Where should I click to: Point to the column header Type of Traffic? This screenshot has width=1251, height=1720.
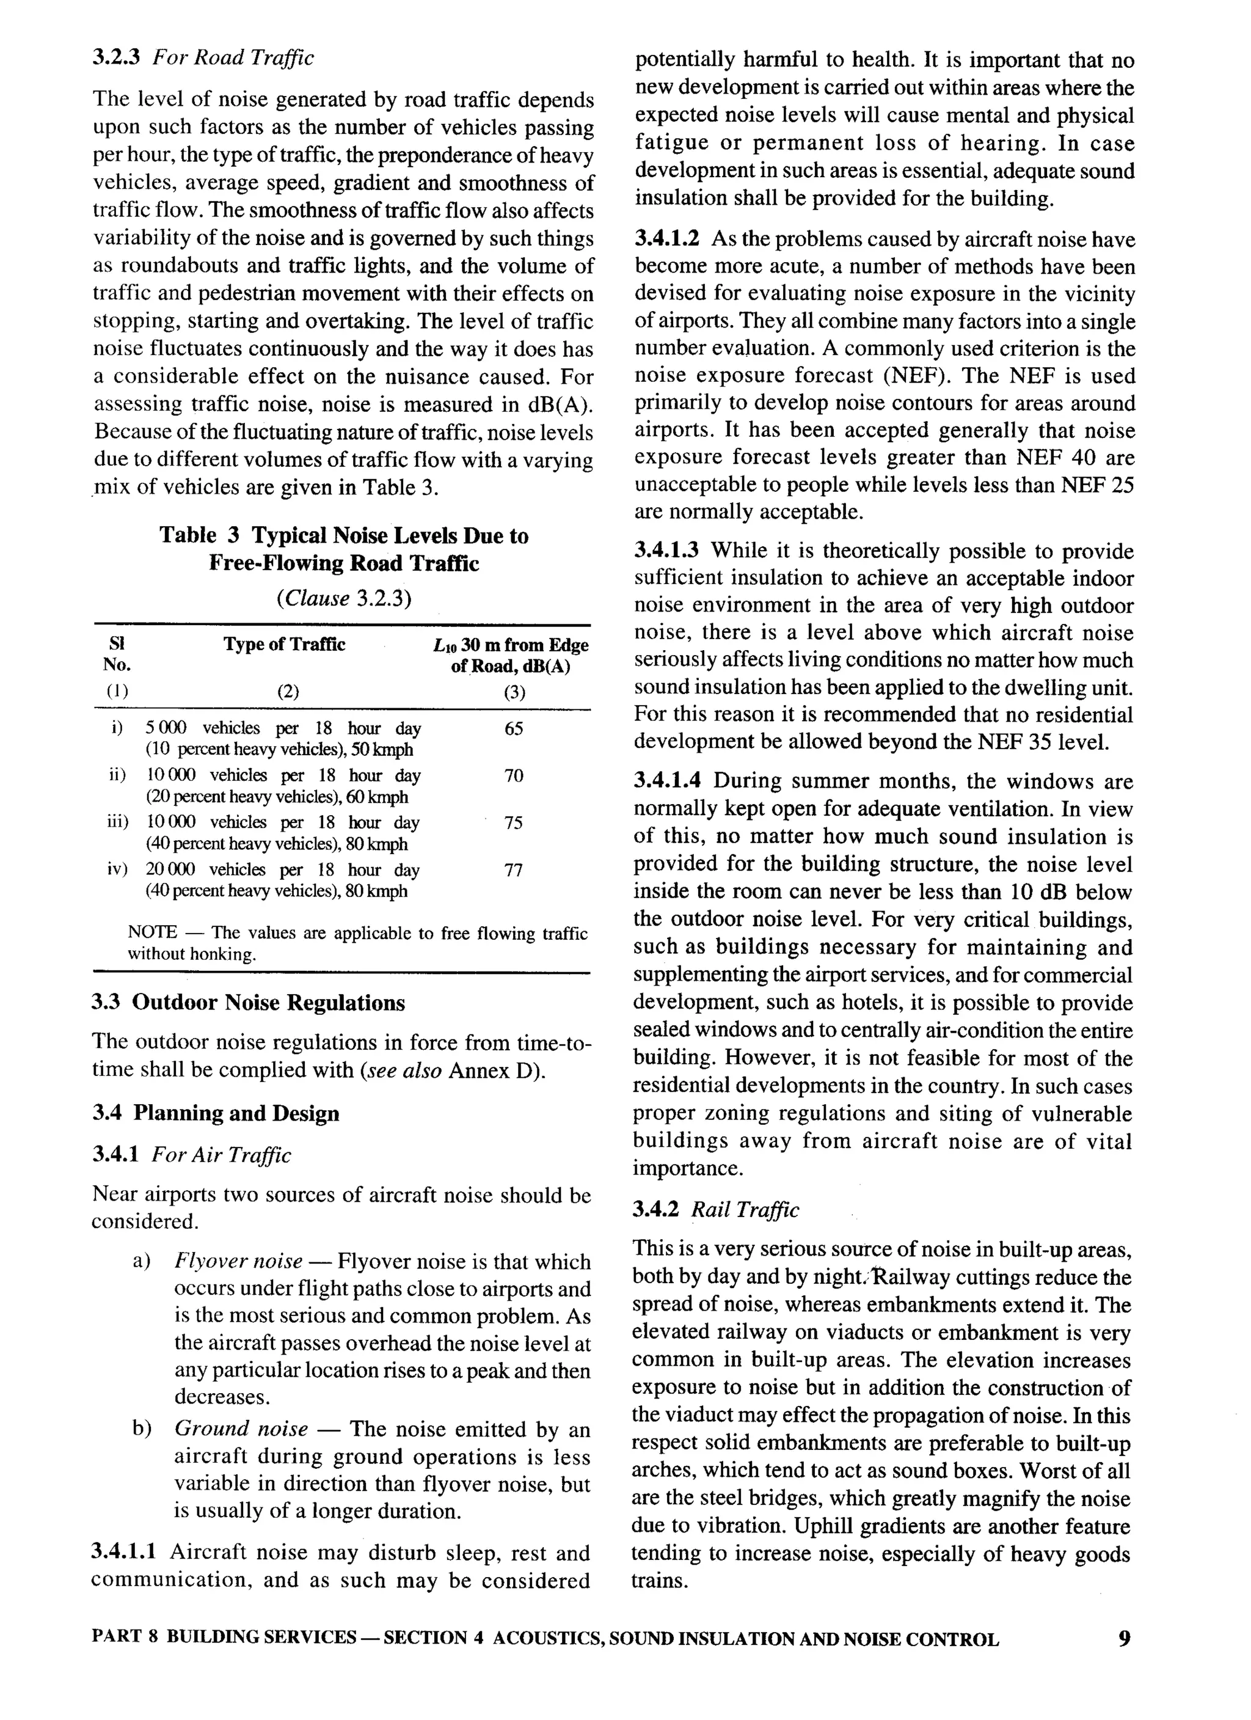point(283,645)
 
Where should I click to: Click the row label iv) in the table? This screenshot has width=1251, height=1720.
point(117,869)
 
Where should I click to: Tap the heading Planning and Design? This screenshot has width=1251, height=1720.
point(236,1113)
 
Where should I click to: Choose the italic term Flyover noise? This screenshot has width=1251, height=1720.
point(238,1261)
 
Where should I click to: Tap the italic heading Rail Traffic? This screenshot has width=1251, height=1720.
point(745,1210)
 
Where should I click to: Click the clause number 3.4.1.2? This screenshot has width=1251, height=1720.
point(666,240)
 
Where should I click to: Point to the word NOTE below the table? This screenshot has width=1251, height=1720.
point(151,933)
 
